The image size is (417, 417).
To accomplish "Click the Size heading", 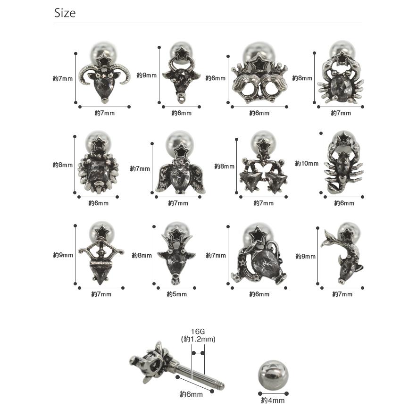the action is point(65,13).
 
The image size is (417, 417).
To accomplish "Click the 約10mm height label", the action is point(307,163).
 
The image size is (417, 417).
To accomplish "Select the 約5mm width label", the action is point(177,294).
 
